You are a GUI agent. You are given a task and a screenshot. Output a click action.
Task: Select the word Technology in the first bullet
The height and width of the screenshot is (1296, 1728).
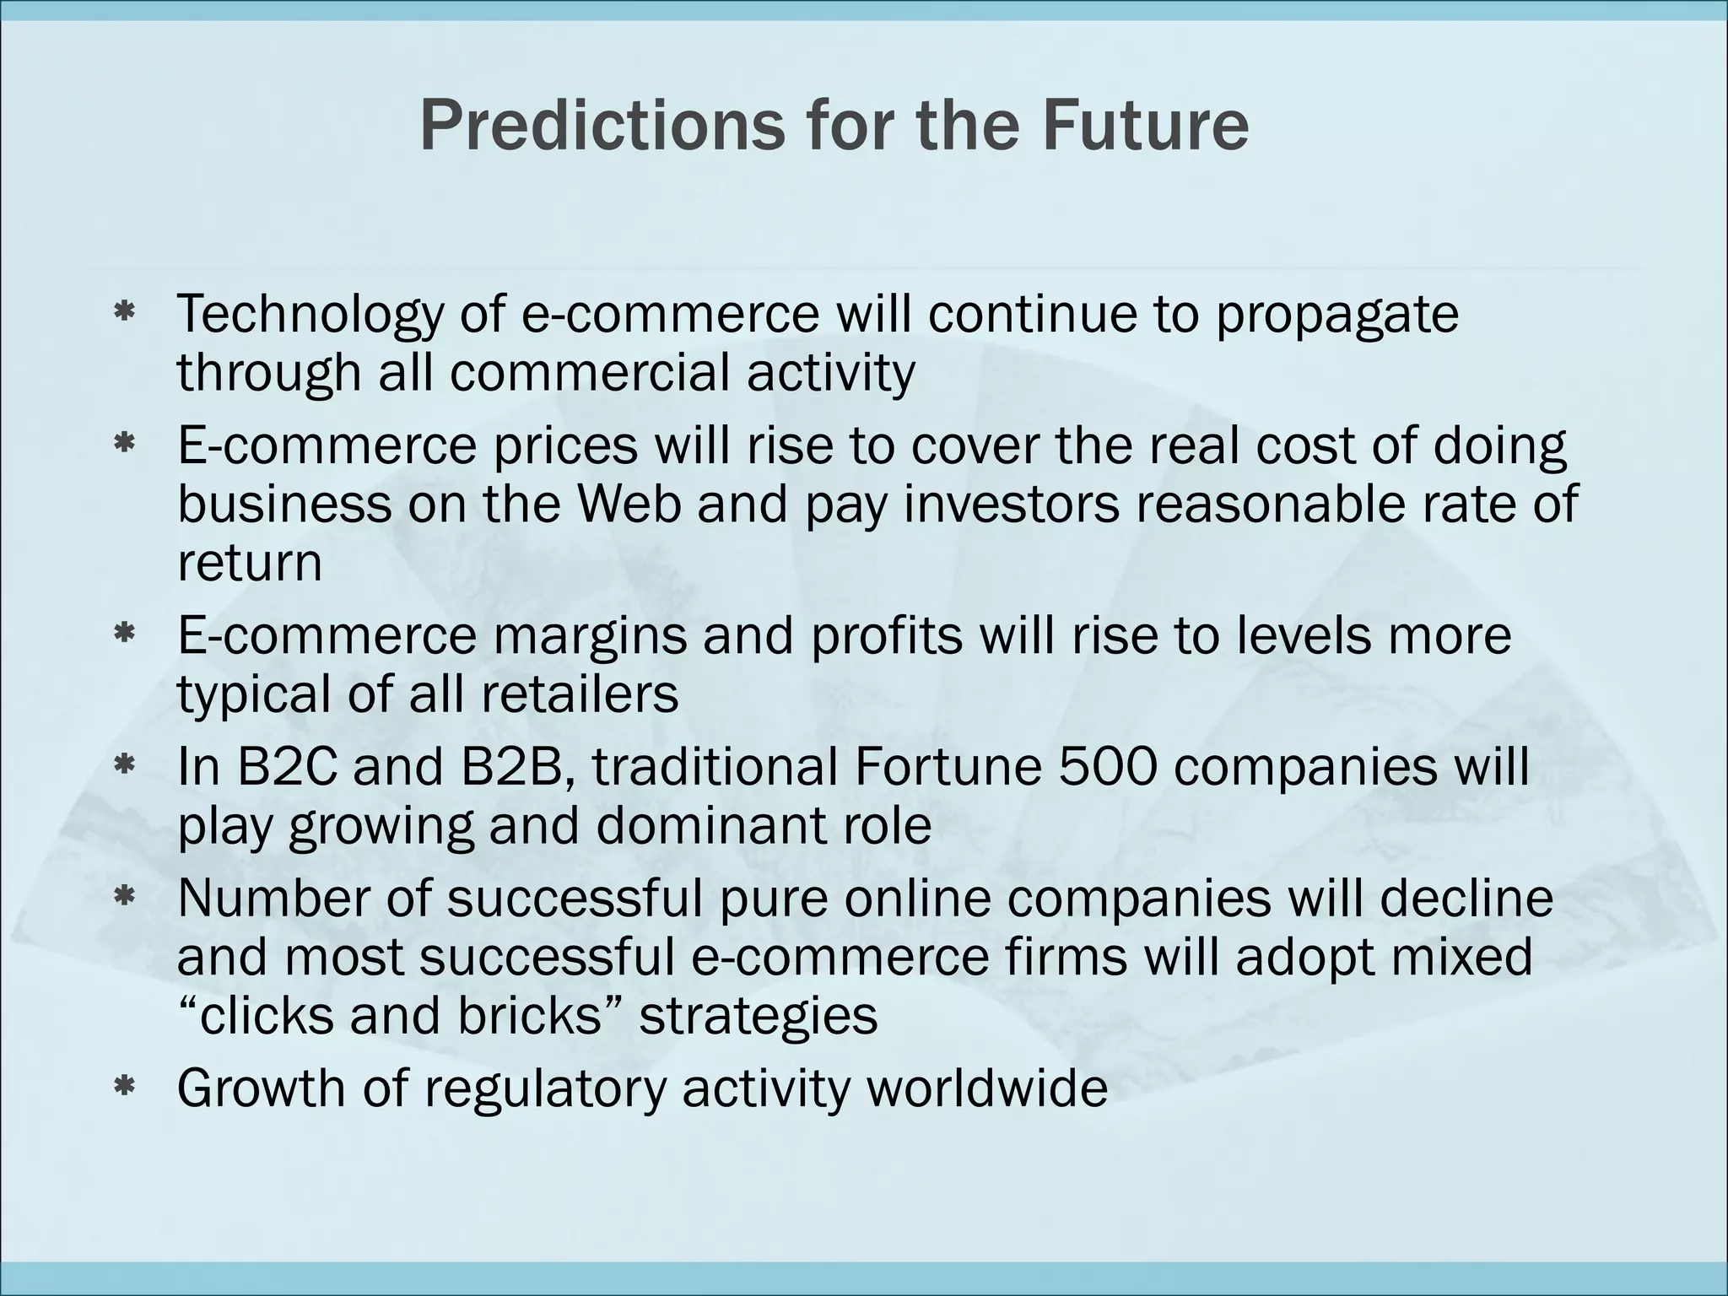pyautogui.click(x=310, y=314)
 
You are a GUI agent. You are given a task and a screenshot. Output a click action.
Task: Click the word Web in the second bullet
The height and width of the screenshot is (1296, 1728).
pyautogui.click(x=629, y=504)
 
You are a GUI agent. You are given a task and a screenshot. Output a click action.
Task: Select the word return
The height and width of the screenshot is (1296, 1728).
pyautogui.click(x=250, y=563)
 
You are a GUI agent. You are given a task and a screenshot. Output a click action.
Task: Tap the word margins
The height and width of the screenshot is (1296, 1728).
pyautogui.click(x=590, y=636)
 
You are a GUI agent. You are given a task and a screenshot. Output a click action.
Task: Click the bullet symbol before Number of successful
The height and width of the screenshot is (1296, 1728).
pyautogui.click(x=126, y=898)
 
